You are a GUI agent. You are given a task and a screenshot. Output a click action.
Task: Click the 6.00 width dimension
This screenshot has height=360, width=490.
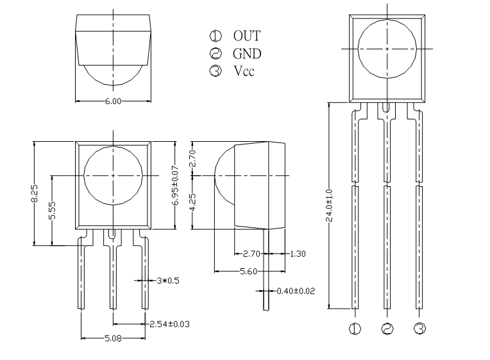[x=113, y=101]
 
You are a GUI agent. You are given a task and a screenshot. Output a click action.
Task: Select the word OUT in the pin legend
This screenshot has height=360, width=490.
[x=246, y=36]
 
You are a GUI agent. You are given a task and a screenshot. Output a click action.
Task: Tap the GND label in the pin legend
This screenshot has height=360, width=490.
[x=247, y=53]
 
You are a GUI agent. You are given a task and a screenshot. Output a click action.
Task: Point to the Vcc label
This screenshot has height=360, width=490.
[x=244, y=71]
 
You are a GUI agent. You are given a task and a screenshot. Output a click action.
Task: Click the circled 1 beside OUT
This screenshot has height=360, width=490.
[x=215, y=36]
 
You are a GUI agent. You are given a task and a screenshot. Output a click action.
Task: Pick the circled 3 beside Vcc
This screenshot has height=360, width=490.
[x=215, y=71]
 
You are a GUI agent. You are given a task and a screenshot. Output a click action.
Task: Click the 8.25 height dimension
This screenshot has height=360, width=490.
[x=35, y=193]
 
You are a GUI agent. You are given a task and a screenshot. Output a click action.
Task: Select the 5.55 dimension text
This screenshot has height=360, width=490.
[x=52, y=210]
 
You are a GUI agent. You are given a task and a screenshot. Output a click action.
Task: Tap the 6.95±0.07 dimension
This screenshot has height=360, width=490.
[x=176, y=185]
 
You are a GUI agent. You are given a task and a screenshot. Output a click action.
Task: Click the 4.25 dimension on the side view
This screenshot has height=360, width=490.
[x=193, y=202]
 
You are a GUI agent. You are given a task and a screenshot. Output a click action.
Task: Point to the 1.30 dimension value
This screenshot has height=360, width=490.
[x=298, y=253]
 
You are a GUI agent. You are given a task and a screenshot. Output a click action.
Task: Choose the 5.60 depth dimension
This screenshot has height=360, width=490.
[x=248, y=271]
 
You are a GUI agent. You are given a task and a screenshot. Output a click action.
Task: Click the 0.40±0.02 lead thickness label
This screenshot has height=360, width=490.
[x=296, y=291]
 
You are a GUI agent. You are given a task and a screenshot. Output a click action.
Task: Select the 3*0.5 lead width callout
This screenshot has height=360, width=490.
[x=168, y=280]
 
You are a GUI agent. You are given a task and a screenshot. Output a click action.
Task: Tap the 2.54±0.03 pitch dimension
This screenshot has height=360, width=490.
[x=169, y=324]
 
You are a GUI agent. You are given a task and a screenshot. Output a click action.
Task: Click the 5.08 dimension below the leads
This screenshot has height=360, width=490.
[x=113, y=338]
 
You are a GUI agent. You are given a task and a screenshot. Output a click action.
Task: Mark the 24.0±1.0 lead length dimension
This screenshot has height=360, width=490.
[x=329, y=205]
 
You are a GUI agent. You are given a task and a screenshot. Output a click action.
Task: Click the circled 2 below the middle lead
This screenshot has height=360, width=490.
[x=387, y=329]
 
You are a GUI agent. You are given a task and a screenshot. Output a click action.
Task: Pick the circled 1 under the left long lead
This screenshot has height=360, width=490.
[x=355, y=329]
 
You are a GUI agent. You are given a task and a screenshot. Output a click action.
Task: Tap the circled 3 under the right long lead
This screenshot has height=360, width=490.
[x=419, y=329]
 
